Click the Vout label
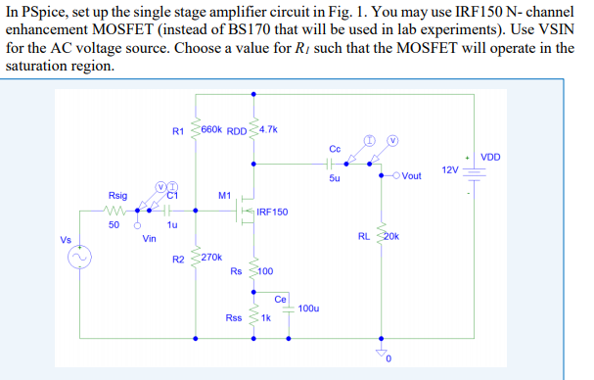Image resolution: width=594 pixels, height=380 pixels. click(x=408, y=176)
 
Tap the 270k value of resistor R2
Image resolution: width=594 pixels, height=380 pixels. click(x=214, y=257)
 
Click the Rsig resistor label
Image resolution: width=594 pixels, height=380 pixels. click(x=117, y=196)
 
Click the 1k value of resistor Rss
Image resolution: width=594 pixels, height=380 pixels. click(x=265, y=318)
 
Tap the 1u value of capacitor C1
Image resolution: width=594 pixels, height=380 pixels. click(x=172, y=224)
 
